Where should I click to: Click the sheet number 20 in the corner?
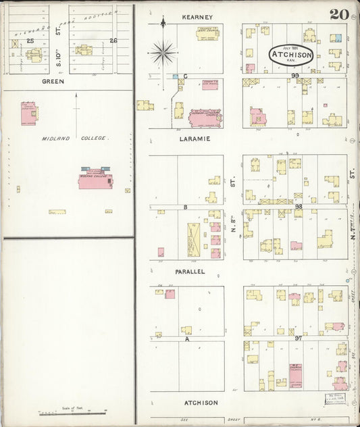(x=339, y=15)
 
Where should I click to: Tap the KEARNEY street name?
(x=197, y=16)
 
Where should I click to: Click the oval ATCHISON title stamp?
(x=291, y=55)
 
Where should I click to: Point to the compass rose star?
(x=163, y=51)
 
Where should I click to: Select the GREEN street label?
(x=53, y=81)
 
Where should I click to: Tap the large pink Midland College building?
(x=94, y=180)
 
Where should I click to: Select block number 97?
(x=298, y=336)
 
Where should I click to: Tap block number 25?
(x=30, y=41)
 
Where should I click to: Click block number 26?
(x=113, y=41)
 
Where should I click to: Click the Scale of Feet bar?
(x=73, y=411)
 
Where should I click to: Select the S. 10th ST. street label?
(x=59, y=41)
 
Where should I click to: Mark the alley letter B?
(x=184, y=207)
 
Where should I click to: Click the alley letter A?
(x=185, y=339)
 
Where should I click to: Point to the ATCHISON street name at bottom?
(x=201, y=403)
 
